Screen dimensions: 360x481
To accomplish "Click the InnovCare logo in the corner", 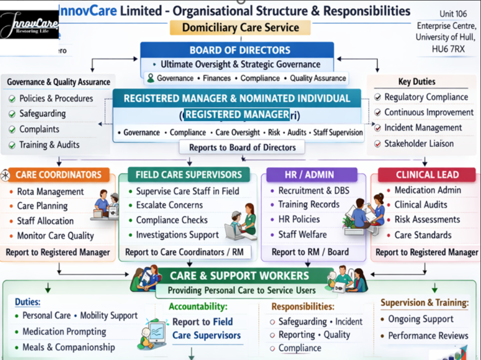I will [29, 25].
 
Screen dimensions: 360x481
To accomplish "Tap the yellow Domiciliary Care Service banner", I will [240, 27].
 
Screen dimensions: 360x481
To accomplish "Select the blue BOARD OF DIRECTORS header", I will [240, 50].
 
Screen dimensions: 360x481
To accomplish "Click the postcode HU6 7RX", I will [448, 49].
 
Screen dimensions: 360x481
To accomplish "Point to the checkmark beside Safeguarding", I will [12, 114].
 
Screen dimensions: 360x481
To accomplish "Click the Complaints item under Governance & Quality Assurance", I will [39, 129].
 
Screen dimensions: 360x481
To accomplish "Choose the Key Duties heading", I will [417, 82].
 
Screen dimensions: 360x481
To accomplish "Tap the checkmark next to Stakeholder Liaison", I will [378, 144].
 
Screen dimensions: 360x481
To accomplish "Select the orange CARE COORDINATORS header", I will [58, 175].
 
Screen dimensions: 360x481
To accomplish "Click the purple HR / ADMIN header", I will [309, 175].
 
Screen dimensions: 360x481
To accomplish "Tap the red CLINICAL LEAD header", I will [427, 175].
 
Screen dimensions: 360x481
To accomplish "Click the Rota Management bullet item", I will [50, 192].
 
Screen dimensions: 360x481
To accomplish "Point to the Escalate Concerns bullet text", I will [169, 205].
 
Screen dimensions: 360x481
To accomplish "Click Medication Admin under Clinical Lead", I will [428, 190].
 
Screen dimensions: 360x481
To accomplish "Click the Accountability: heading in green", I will [198, 307].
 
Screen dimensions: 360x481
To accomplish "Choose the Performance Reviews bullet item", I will [428, 336].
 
